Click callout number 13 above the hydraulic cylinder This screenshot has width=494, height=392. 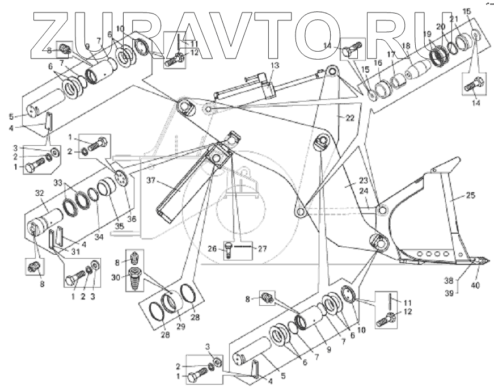click(x=275, y=66)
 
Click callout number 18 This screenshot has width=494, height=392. click(x=406, y=45)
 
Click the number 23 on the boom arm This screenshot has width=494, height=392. click(x=348, y=183)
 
